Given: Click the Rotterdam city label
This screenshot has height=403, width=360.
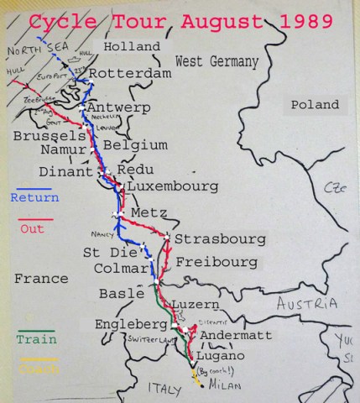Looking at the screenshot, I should (x=129, y=74).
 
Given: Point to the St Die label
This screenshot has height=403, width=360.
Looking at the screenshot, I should (x=105, y=252).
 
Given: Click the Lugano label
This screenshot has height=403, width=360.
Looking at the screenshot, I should (x=222, y=355).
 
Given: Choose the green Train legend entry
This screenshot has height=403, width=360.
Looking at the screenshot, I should (x=36, y=339).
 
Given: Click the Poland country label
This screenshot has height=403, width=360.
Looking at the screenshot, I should (x=315, y=105).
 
